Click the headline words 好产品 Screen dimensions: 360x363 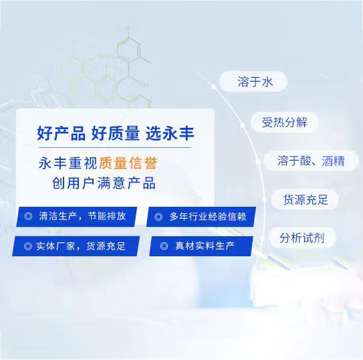tap(62, 134)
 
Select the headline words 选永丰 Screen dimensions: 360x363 tap(170, 134)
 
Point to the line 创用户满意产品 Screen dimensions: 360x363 tap(104, 183)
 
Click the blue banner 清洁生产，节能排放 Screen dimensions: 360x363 tap(77, 217)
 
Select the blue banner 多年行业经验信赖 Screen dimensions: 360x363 tap(201, 217)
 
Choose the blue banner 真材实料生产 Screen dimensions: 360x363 tap(201, 246)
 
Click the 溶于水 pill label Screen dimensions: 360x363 tap(255, 82)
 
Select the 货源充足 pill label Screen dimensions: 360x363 tap(301, 199)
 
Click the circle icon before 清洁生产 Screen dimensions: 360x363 tap(28, 217)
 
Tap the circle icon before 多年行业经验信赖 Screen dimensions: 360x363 tap(158, 217)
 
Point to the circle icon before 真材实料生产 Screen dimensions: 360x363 tap(164, 246)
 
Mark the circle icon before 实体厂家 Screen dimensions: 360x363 tap(27, 246)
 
